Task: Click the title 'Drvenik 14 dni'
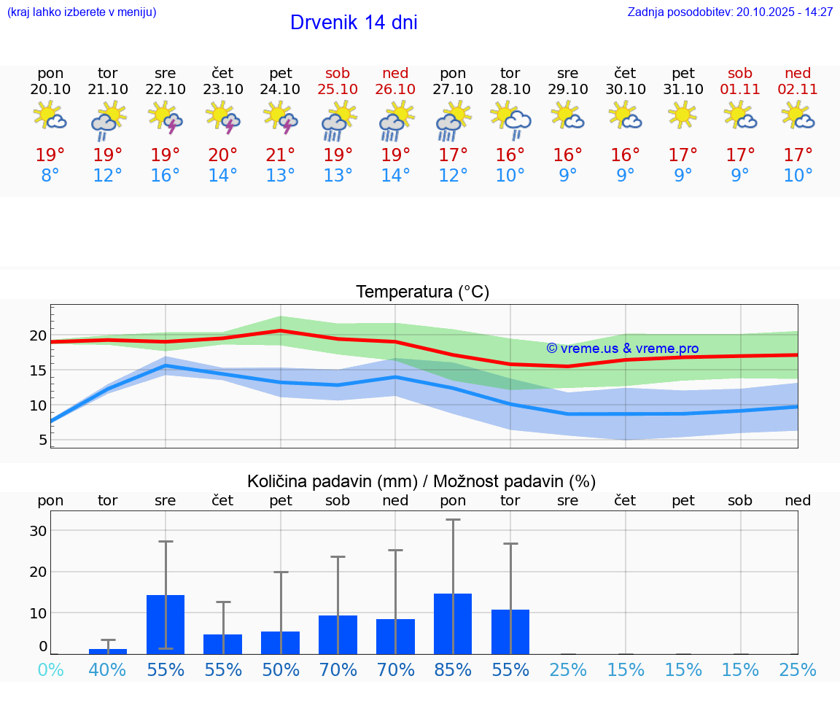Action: click(x=354, y=23)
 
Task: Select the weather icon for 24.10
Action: click(x=281, y=118)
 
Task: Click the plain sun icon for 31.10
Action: click(x=682, y=114)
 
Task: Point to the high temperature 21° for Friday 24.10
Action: click(x=281, y=155)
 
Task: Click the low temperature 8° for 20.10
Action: click(x=50, y=175)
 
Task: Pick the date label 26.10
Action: click(x=395, y=89)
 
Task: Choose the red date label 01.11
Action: click(x=740, y=89)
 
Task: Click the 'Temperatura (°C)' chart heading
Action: click(x=422, y=292)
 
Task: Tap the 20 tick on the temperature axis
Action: click(x=38, y=335)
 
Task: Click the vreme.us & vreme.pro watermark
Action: click(x=623, y=349)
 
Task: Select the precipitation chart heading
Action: click(x=421, y=481)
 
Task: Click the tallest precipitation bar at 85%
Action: click(x=453, y=623)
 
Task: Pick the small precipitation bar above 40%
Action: click(x=108, y=651)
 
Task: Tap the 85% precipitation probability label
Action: click(x=453, y=669)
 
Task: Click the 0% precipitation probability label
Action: click(x=50, y=669)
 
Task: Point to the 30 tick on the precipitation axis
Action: click(x=38, y=530)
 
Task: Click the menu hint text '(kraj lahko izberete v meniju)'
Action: click(x=82, y=12)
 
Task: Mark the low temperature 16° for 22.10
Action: click(x=166, y=175)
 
